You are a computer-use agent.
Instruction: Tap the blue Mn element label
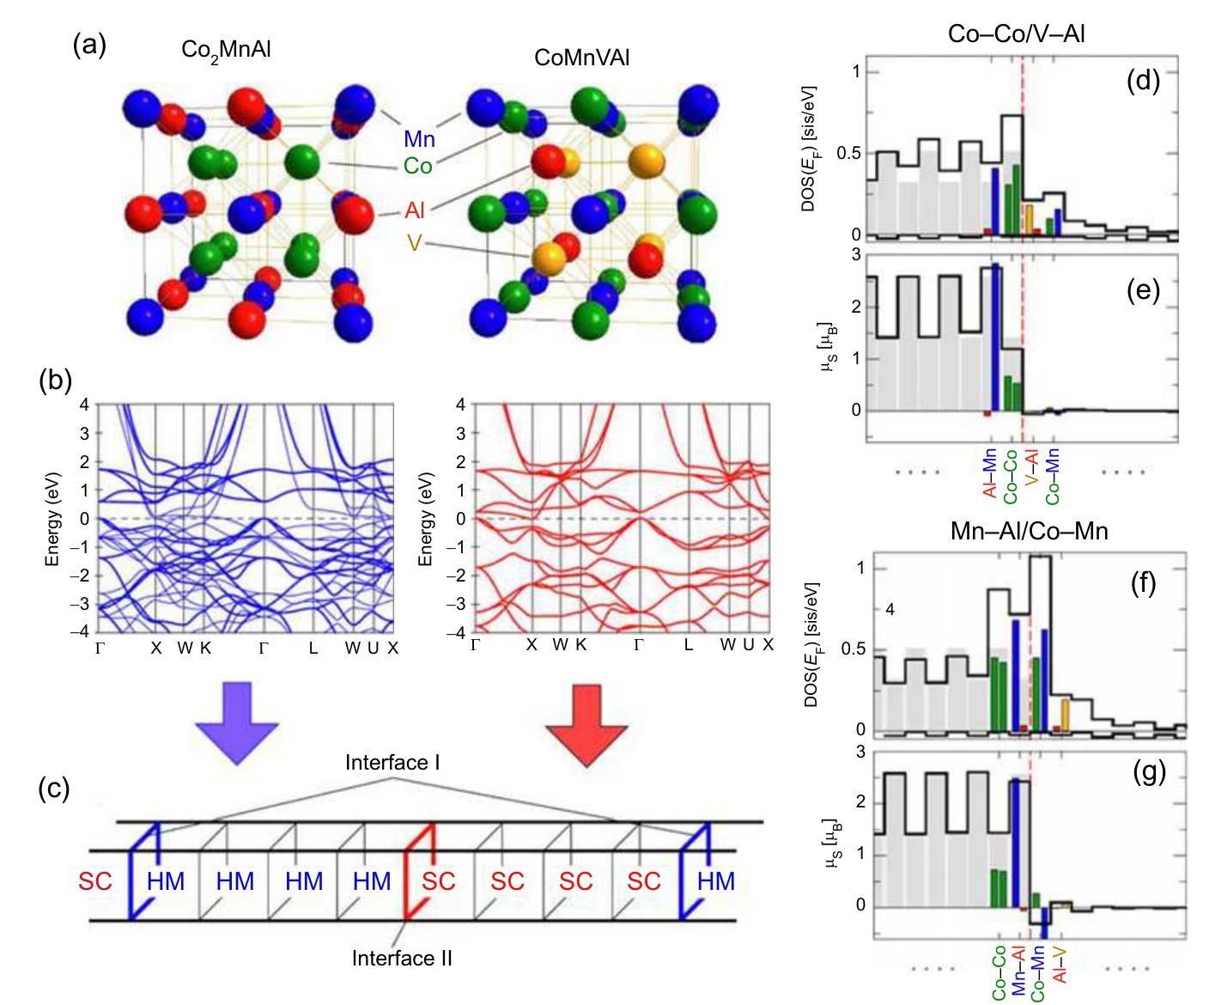pyautogui.click(x=419, y=140)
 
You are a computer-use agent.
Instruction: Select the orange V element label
pyautogui.click(x=415, y=244)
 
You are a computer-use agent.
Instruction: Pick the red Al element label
pyautogui.click(x=416, y=210)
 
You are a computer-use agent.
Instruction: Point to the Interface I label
pyautogui.click(x=392, y=763)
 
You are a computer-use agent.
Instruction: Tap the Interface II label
pyautogui.click(x=402, y=958)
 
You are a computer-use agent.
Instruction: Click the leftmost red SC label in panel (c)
pyautogui.click(x=96, y=882)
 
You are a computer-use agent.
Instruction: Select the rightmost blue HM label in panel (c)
pyautogui.click(x=716, y=882)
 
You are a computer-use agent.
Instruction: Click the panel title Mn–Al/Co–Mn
pyautogui.click(x=1029, y=532)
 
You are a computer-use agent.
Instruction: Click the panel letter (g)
pyautogui.click(x=1149, y=774)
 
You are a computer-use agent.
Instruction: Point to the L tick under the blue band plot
pyautogui.click(x=313, y=649)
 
